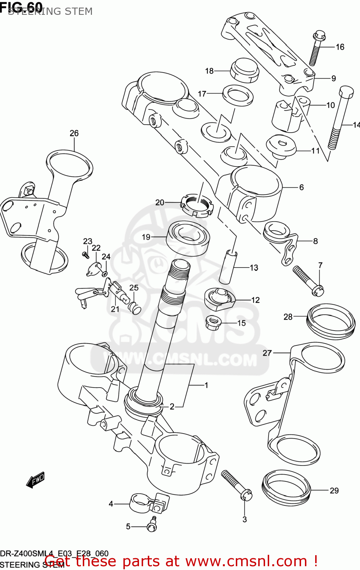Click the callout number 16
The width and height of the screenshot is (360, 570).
click(x=340, y=47)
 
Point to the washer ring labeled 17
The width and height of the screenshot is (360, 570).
click(x=238, y=95)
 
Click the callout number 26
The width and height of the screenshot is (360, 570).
click(x=74, y=133)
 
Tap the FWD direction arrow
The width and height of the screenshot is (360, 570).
click(x=35, y=480)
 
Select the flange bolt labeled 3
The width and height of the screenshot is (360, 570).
click(x=237, y=485)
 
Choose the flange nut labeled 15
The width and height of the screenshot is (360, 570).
click(x=213, y=323)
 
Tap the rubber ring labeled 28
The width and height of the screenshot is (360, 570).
click(x=330, y=321)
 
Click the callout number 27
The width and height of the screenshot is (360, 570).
click(x=267, y=353)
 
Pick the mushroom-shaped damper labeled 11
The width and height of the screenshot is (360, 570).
click(x=281, y=146)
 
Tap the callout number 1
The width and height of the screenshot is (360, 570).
click(x=206, y=385)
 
